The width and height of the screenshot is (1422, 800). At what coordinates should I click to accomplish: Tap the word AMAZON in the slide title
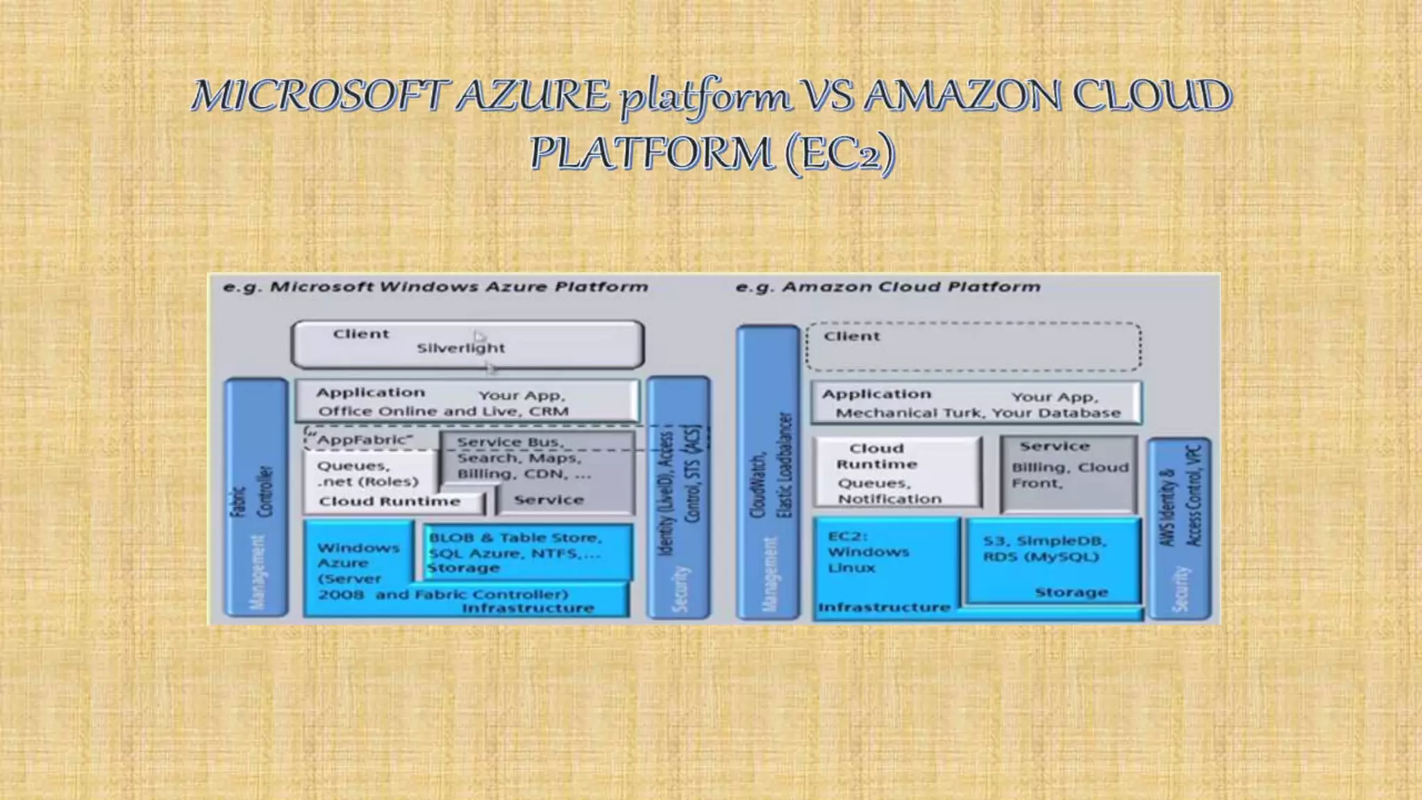click(x=962, y=96)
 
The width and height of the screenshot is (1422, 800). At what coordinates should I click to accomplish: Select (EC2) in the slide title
click(x=840, y=153)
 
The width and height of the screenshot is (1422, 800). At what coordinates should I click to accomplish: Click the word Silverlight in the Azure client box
click(x=460, y=348)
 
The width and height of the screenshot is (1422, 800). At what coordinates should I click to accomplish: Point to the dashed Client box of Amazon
click(x=973, y=347)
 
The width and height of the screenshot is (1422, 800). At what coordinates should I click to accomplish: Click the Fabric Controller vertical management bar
click(x=256, y=497)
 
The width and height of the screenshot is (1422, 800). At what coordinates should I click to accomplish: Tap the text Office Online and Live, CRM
click(x=443, y=411)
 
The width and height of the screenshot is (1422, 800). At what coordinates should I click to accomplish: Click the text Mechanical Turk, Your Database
click(x=978, y=413)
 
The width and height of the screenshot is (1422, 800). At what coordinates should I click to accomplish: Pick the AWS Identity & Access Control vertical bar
click(x=1180, y=528)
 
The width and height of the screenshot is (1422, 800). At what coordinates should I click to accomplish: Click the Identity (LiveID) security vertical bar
click(x=679, y=497)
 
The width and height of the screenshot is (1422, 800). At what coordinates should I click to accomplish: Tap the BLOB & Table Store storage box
click(x=528, y=553)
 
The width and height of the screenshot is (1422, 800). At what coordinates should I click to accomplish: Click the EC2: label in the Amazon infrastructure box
click(x=848, y=536)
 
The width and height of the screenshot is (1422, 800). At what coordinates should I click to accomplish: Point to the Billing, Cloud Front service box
click(x=1069, y=476)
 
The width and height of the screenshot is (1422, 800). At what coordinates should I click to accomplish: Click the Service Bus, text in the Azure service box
click(x=510, y=442)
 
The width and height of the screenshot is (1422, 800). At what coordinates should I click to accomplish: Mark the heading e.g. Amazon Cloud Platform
click(x=888, y=287)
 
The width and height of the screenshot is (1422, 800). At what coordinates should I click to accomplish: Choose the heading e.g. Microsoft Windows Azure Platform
click(x=435, y=287)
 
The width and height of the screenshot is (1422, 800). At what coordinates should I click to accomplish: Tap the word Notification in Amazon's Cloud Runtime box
click(x=889, y=499)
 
